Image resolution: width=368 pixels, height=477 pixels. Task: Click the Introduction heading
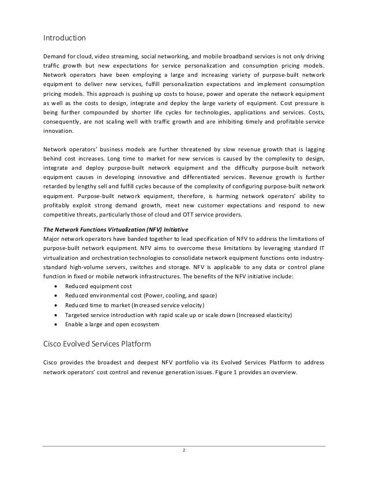tap(65, 39)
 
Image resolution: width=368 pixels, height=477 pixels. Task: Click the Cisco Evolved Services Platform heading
tap(97, 345)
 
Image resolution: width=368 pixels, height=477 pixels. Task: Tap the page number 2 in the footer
tap(184, 451)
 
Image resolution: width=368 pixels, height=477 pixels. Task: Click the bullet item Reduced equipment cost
tap(99, 286)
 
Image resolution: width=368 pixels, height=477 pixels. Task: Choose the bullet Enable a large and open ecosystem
tap(112, 325)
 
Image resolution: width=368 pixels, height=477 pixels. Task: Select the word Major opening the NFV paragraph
tap(53, 238)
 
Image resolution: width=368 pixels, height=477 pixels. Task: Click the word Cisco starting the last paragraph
tap(52, 362)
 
